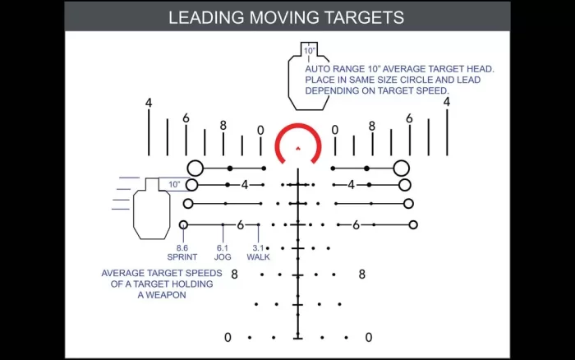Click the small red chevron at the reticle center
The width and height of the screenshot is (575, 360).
click(298, 149)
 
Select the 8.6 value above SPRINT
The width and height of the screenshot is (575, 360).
click(182, 248)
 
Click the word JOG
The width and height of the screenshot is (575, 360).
click(223, 257)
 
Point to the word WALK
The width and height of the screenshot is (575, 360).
click(258, 257)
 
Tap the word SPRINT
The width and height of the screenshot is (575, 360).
click(182, 257)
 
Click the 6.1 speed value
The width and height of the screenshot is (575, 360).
click(223, 248)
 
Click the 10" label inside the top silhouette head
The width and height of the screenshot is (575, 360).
click(310, 51)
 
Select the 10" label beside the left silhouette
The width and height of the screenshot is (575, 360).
click(174, 184)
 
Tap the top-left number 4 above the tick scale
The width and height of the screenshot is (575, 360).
click(149, 103)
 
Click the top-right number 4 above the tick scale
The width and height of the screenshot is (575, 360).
click(447, 102)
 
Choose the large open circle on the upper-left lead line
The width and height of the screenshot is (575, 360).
click(195, 168)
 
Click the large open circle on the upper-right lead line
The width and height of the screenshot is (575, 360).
click(401, 168)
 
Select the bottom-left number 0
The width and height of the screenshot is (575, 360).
click(228, 337)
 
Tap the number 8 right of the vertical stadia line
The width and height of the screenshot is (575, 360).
click(362, 275)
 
